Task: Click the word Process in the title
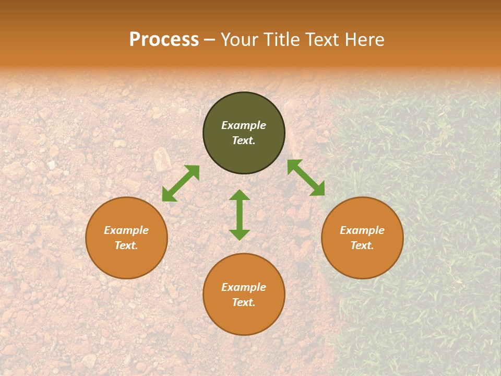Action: pyautogui.click(x=164, y=40)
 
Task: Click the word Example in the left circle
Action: pyautogui.click(x=126, y=230)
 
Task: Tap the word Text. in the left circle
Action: pyautogui.click(x=126, y=245)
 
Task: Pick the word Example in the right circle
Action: pyautogui.click(x=362, y=230)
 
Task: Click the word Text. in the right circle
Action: pyautogui.click(x=362, y=245)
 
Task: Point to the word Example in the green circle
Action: pyautogui.click(x=244, y=125)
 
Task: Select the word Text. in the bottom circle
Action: pyautogui.click(x=244, y=302)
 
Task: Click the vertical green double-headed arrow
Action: pyautogui.click(x=240, y=215)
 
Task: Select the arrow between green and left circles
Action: pyautogui.click(x=181, y=183)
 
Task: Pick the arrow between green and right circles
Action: pyautogui.click(x=306, y=178)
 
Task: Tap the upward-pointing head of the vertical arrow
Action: pyautogui.click(x=240, y=195)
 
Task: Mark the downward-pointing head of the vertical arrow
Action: pyautogui.click(x=240, y=234)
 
